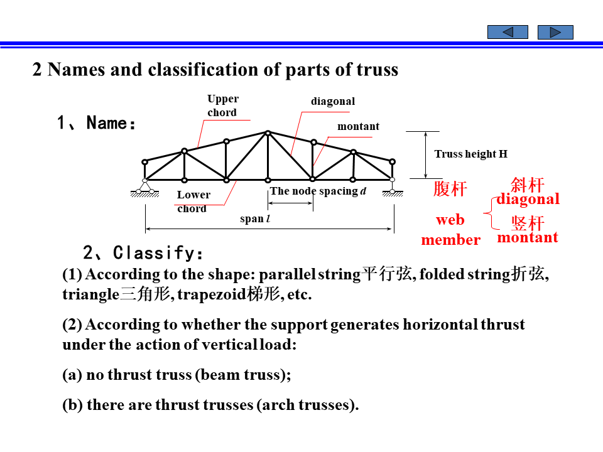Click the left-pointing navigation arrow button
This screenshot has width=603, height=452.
508,32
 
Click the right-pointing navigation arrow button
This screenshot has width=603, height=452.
555,32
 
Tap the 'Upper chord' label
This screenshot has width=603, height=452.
223,106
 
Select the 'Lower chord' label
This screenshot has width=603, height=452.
193,202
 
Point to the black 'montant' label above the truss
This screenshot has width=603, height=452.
358,127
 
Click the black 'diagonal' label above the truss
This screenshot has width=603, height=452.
333,102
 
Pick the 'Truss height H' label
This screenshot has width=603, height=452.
470,154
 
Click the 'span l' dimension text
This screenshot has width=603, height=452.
255,219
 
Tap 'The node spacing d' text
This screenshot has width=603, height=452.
318,191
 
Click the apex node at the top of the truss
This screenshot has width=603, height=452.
268,132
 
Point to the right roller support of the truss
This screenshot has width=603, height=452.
393,187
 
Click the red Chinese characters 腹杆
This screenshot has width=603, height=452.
450,188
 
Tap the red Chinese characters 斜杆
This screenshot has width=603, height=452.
527,185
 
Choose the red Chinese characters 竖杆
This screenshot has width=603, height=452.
527,223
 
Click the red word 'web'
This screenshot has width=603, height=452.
450,220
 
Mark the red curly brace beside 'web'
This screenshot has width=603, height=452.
488,213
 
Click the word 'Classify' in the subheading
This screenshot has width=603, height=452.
153,253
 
